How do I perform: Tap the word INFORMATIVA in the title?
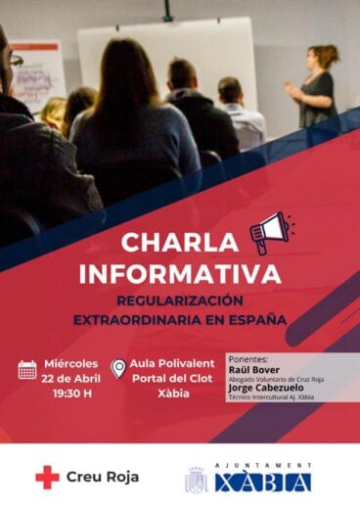[x=179, y=272]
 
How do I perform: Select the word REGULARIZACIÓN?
[x=179, y=301]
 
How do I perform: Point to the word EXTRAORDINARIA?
[x=134, y=320]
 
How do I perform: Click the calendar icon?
[x=27, y=369]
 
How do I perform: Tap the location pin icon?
[x=118, y=369]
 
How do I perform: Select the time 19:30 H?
[x=72, y=394]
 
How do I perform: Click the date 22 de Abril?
[x=72, y=380]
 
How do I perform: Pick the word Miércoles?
[x=72, y=364]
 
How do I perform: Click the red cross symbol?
[x=47, y=477]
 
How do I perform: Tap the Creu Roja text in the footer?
[x=102, y=477]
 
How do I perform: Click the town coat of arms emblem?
[x=197, y=480]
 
